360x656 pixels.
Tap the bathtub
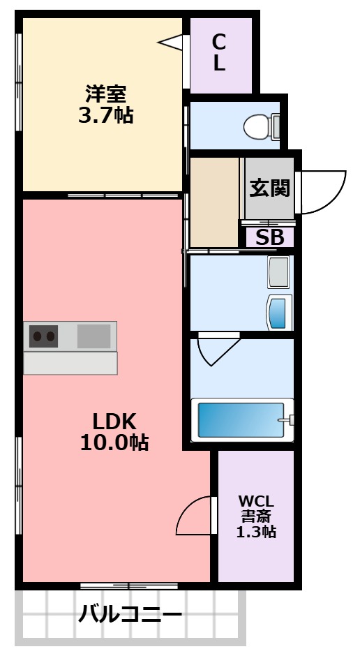coord(241,420)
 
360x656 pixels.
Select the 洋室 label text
coord(105,93)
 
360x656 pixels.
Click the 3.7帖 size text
coord(105,115)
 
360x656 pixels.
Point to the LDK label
coord(114,421)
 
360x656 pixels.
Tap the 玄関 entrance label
coord(270,188)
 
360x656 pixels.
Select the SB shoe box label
coord(269,237)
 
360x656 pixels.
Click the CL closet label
coord(219,52)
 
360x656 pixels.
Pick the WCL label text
coord(256,501)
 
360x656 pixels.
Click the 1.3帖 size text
coord(256,532)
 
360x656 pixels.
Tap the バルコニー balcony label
coord(130,616)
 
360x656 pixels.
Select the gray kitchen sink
coord(93,336)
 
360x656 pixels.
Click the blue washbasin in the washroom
coord(279,312)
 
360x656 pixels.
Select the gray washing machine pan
coord(279,272)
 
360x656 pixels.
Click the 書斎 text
coord(256,516)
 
